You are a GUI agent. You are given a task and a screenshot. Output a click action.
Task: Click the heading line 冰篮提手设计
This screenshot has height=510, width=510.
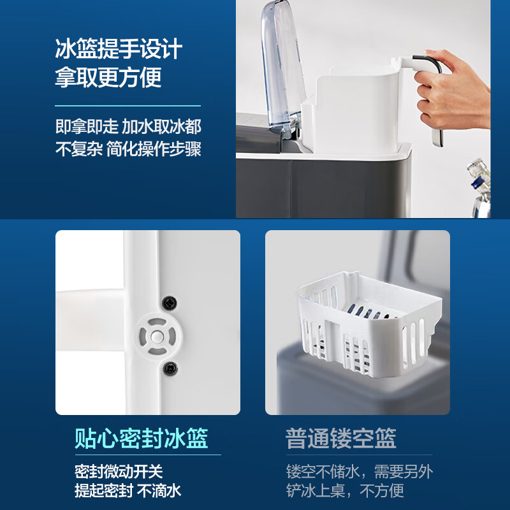click(119, 49)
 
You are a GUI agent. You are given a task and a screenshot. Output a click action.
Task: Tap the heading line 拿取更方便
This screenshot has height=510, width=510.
click(108, 77)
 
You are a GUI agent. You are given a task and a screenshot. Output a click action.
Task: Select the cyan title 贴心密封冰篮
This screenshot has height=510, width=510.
click(141, 439)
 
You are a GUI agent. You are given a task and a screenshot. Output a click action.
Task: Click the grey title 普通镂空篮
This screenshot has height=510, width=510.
click(341, 439)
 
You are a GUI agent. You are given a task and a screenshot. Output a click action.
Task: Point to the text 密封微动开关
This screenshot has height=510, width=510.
click(119, 472)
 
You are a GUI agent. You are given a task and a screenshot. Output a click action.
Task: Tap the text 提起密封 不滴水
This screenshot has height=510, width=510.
click(127, 490)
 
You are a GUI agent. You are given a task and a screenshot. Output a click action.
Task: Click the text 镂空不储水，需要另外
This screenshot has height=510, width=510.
click(368, 472)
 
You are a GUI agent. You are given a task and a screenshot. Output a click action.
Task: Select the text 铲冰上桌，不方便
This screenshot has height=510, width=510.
click(345, 490)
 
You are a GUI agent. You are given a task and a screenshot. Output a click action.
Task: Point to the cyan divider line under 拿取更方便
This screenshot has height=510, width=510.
click(127, 105)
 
